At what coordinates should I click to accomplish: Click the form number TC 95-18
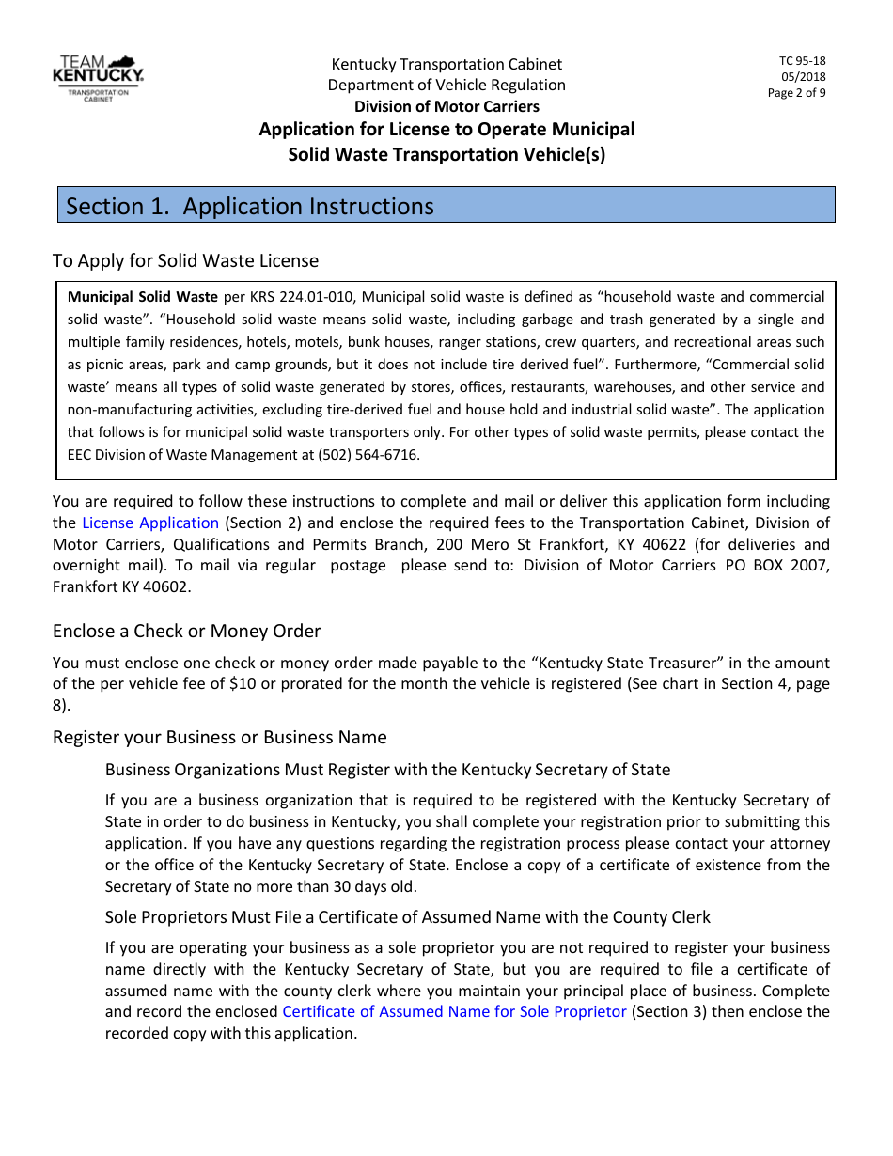pos(804,61)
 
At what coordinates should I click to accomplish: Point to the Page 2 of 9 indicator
pos(797,93)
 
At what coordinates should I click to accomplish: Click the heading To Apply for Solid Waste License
pos(185,260)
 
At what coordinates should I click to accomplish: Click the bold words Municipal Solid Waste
pos(142,297)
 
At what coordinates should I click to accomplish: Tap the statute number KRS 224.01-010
pos(300,297)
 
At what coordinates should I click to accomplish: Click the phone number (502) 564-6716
pos(374,455)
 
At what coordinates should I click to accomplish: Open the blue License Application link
pos(150,523)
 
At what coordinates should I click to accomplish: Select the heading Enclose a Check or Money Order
pos(186,631)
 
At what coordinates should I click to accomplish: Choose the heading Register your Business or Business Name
pos(219,737)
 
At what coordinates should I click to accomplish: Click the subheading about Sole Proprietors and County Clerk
pos(408,916)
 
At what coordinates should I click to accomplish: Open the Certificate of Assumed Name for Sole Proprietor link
pos(454,1011)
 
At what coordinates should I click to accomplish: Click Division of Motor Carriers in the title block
pos(446,106)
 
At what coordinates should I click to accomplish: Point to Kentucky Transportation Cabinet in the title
pos(446,64)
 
